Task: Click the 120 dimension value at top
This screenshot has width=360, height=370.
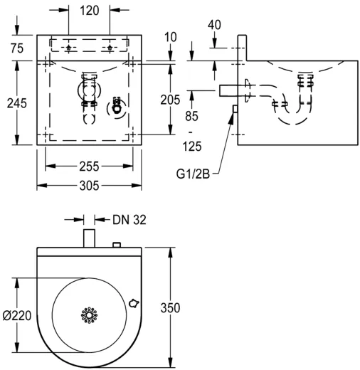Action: (90, 11)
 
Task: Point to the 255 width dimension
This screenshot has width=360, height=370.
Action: (89, 166)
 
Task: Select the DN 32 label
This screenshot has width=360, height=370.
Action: (129, 220)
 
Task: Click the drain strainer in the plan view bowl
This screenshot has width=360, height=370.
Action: (90, 314)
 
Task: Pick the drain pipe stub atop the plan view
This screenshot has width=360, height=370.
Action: (90, 237)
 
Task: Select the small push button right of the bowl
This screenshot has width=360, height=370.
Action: (132, 302)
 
